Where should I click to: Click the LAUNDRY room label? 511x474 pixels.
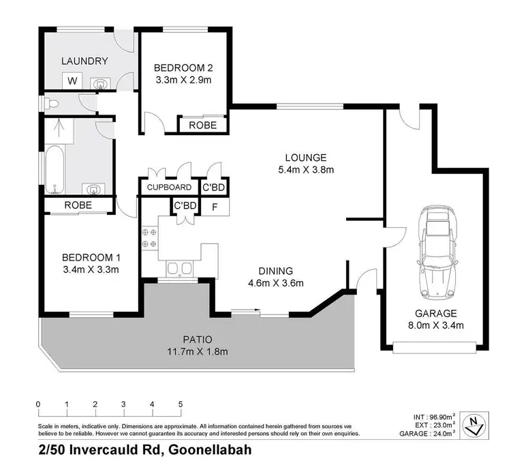click(x=85, y=61)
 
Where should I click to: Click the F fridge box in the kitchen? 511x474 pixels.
click(x=215, y=205)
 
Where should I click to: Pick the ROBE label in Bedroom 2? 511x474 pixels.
click(x=202, y=125)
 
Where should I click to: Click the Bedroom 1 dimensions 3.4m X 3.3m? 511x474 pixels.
click(x=91, y=269)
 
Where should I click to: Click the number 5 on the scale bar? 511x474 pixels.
click(x=181, y=404)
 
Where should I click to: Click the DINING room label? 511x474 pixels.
click(x=275, y=270)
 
